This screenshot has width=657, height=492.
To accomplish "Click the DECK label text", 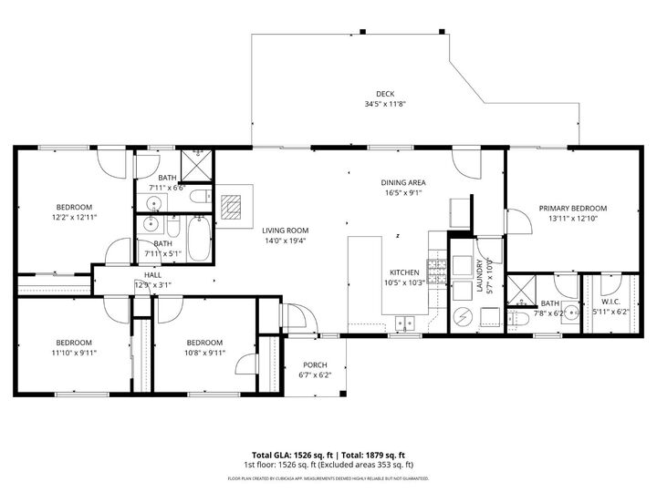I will pyautogui.click(x=385, y=94).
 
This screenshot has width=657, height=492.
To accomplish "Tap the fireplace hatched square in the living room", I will pyautogui.click(x=235, y=208).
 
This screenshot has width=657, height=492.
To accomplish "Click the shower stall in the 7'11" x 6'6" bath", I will pyautogui.click(x=194, y=166).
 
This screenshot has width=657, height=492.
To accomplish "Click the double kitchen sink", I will pyautogui.click(x=405, y=323).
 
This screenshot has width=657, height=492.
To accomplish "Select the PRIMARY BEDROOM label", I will pyautogui.click(x=572, y=208).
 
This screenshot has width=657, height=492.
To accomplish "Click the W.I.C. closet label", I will pyautogui.click(x=610, y=302).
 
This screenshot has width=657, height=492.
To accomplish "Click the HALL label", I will pyautogui.click(x=152, y=274).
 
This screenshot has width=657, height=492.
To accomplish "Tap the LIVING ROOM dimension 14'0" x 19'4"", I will pyautogui.click(x=286, y=241).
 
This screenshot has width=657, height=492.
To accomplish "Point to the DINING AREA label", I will pyautogui.click(x=403, y=182).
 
